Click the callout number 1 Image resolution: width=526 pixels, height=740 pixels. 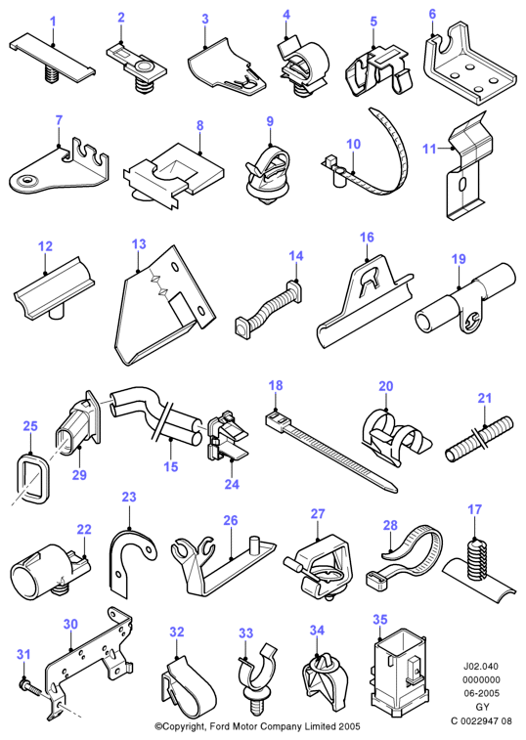[x=53, y=22]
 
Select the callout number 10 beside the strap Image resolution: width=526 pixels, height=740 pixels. [x=353, y=144]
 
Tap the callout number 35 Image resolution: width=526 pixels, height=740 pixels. [x=380, y=620]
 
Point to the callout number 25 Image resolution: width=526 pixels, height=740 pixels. [x=30, y=426]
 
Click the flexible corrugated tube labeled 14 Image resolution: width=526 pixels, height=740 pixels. [x=268, y=310]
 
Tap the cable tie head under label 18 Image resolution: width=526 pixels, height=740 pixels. [x=278, y=419]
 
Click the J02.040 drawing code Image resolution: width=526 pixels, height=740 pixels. [x=481, y=667]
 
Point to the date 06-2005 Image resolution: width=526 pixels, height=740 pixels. [x=481, y=693]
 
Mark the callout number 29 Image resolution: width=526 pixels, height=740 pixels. [x=79, y=474]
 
